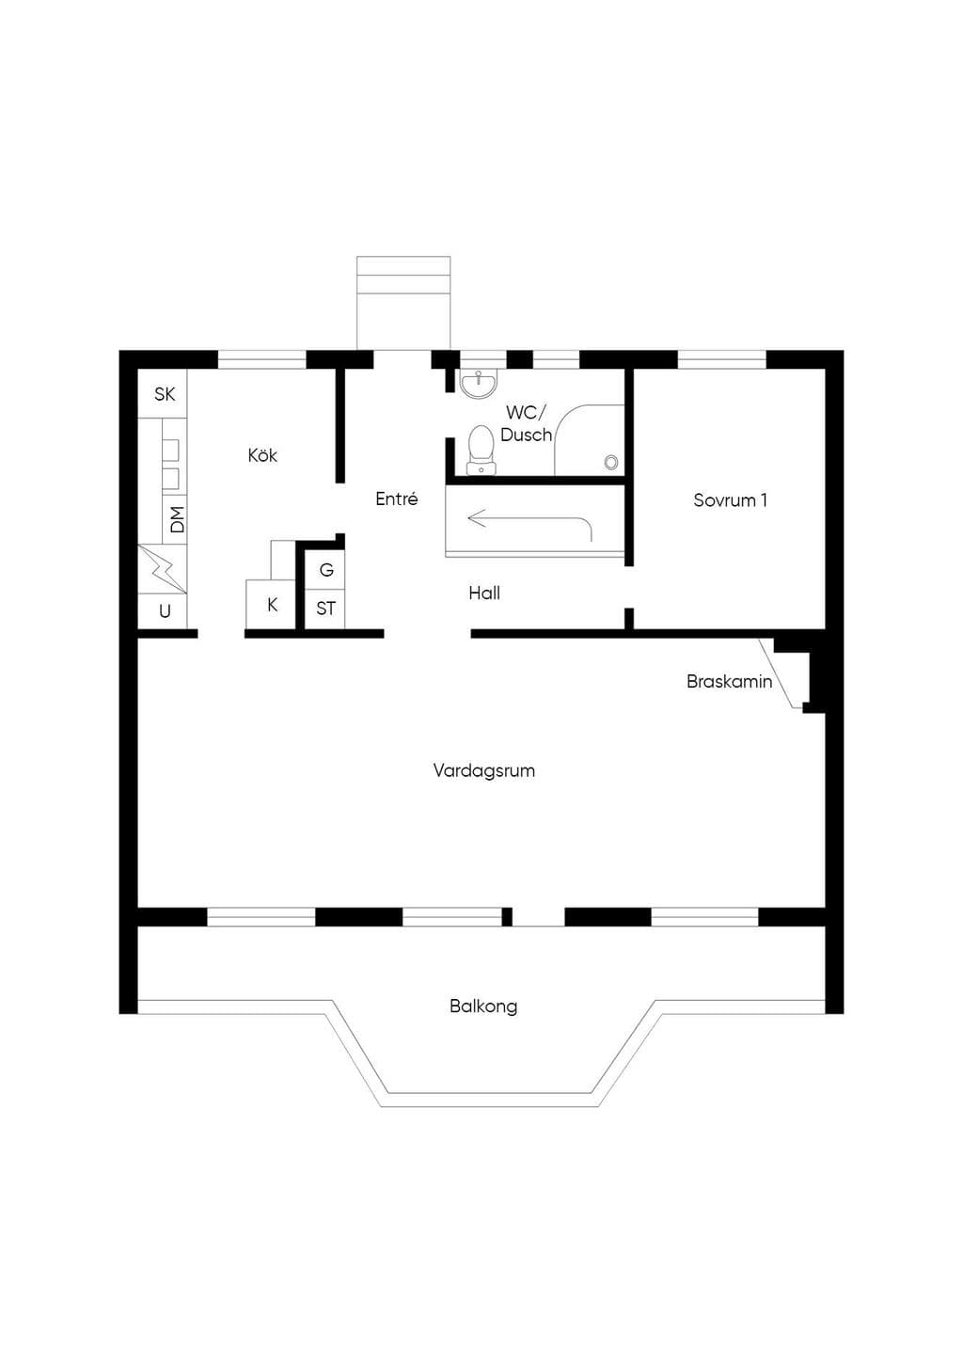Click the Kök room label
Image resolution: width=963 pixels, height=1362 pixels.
[262, 455]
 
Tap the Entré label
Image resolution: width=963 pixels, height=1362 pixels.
[396, 499]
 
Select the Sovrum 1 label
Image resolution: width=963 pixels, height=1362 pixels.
[730, 499]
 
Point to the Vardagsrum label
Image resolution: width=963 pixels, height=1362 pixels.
[484, 771]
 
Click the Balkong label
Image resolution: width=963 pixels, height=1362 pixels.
[483, 1006]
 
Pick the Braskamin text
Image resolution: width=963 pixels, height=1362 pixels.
[729, 681]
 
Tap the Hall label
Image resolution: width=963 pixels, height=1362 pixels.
[484, 593]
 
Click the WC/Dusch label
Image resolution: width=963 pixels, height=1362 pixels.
[526, 423]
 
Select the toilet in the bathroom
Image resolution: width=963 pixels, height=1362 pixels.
[481, 450]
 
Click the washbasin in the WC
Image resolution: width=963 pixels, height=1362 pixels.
[479, 384]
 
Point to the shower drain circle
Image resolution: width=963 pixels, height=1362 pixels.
[611, 463]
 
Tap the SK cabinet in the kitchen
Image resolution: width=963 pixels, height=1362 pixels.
[163, 393]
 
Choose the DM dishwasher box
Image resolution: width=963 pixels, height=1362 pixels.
[175, 519]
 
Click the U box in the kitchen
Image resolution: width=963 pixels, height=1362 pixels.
[163, 611]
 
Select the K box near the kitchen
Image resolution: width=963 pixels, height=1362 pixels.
[271, 605]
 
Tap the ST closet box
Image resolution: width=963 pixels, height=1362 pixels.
[324, 609]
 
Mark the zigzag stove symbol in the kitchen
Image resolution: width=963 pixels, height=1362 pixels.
[163, 569]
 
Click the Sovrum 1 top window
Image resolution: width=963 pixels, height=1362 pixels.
[721, 360]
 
